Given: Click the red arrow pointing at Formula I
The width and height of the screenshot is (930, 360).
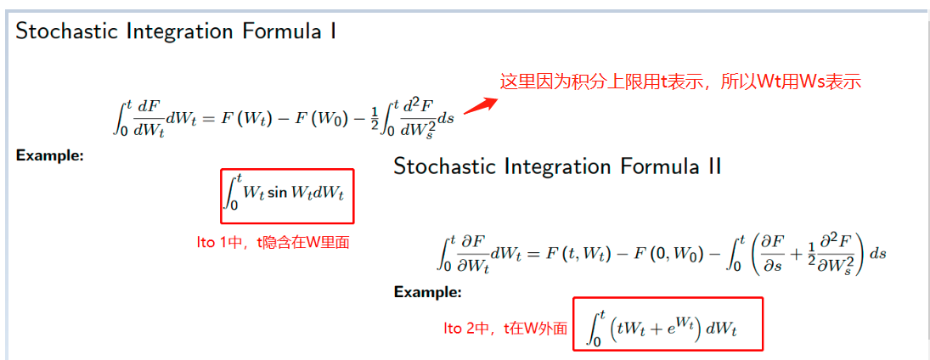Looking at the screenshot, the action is (480, 106).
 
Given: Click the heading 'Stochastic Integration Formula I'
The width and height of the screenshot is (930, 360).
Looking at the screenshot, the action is (176, 32).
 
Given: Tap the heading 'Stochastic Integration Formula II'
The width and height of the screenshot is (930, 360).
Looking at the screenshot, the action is (557, 166).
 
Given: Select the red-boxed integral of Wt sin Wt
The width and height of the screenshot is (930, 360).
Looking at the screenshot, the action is (286, 194).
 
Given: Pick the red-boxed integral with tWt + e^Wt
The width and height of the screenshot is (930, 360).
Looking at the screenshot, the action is (668, 323).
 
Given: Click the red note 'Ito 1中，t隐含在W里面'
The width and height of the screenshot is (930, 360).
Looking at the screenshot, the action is (273, 242).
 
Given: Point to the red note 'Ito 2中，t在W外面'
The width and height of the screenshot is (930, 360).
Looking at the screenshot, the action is (505, 329).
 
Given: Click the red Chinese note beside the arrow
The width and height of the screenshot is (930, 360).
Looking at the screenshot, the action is (680, 82).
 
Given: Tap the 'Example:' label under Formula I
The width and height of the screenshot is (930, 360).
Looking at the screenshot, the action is (49, 156).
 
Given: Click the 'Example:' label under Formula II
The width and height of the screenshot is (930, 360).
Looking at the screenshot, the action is (427, 292).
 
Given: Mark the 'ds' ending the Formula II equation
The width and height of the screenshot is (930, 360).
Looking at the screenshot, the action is (878, 254).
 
